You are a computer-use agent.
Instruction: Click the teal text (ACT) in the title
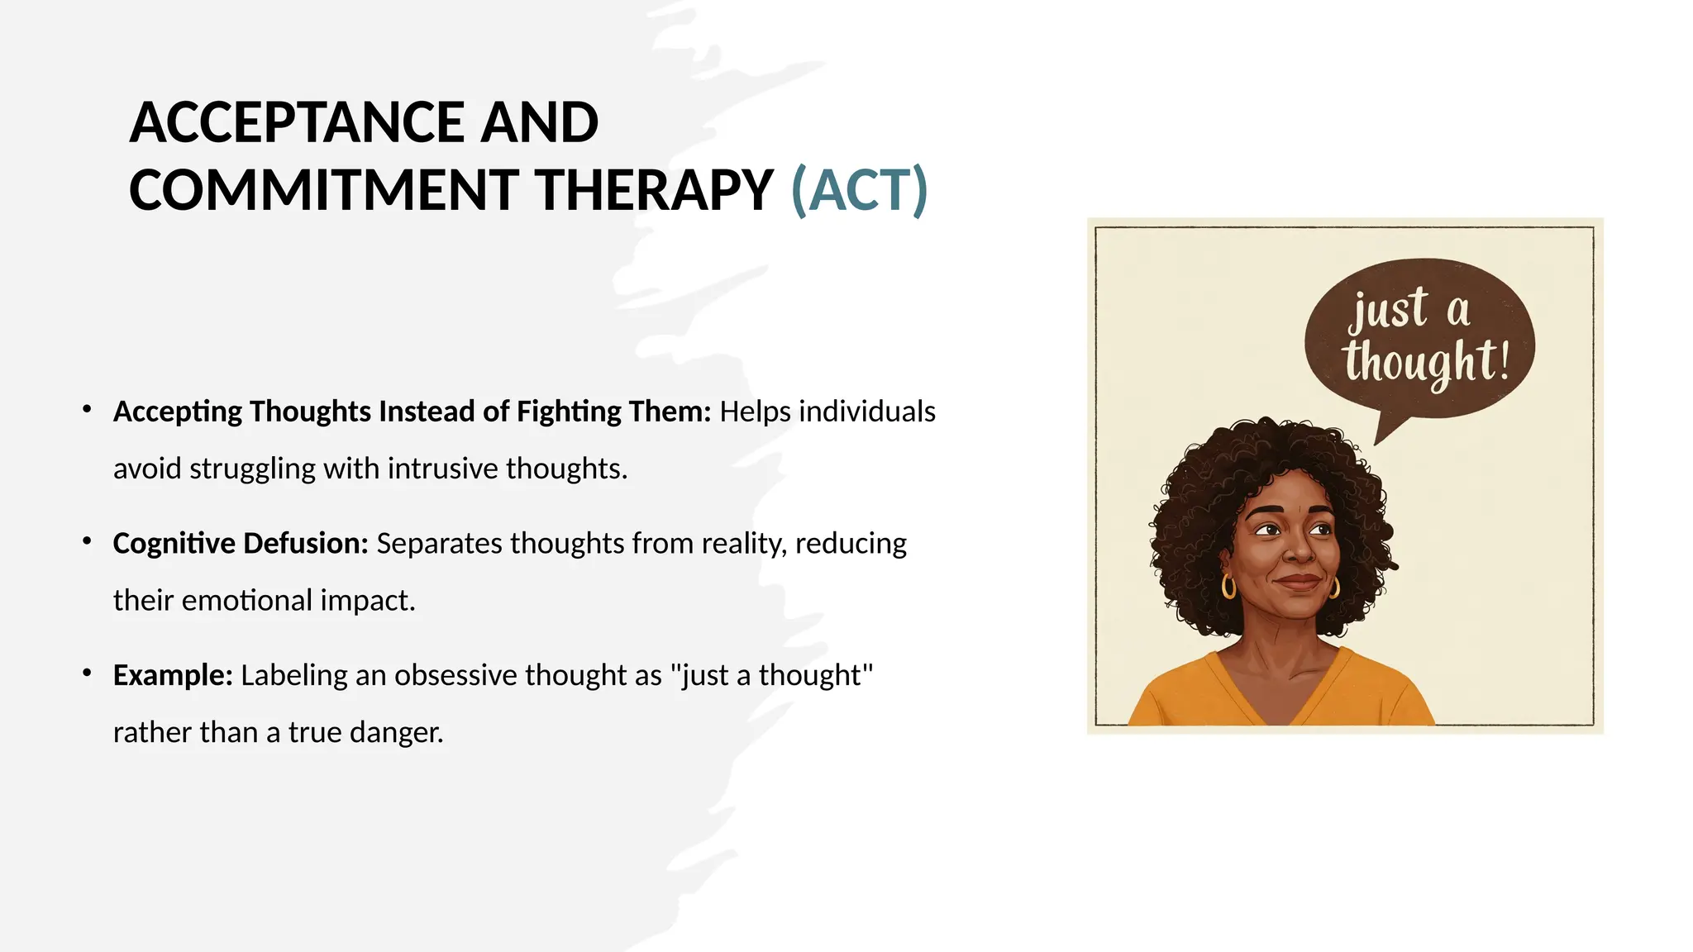point(859,191)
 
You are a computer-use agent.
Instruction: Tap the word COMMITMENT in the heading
point(323,191)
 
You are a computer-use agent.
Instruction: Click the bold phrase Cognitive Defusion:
point(240,544)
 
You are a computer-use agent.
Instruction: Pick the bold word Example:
point(173,675)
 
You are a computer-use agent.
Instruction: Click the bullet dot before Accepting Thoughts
point(87,409)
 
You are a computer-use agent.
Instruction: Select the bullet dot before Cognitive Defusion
point(87,541)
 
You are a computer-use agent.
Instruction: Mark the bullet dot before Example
point(87,673)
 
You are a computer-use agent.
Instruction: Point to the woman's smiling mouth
point(1298,581)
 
